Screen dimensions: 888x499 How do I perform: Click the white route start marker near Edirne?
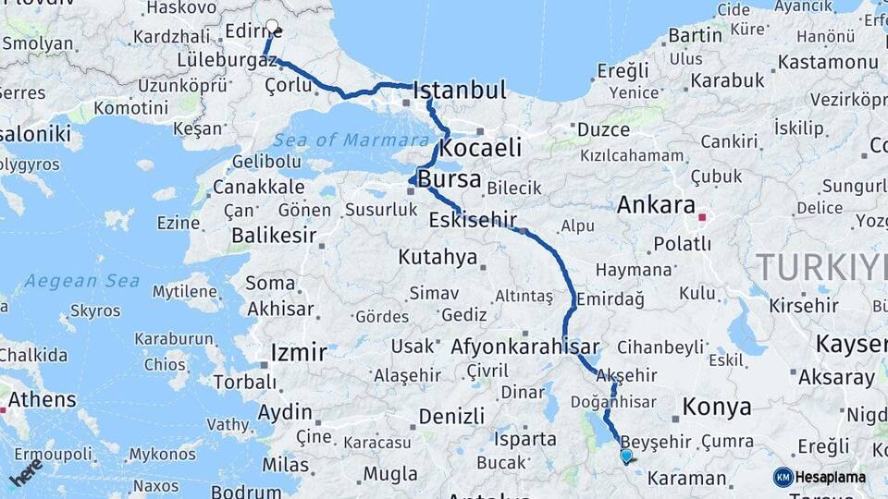click(x=271, y=28)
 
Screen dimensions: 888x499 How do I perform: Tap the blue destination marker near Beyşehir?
click(x=626, y=456)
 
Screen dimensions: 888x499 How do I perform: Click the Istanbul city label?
click(x=460, y=91)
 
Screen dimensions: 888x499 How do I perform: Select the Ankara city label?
click(x=656, y=204)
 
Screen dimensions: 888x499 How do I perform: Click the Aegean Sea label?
click(x=82, y=281)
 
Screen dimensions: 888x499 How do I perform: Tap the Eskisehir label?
click(x=472, y=221)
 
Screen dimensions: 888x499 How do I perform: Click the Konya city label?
click(x=716, y=407)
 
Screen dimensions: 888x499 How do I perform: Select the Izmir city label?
click(x=298, y=352)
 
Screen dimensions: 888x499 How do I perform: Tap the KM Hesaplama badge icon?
click(x=783, y=477)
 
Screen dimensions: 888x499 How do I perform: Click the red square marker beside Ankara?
click(x=702, y=218)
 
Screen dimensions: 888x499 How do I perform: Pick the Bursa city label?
click(x=449, y=179)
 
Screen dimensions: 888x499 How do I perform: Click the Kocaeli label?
click(x=480, y=148)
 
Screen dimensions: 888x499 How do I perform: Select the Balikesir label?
click(x=269, y=235)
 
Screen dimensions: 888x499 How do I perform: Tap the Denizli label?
click(x=451, y=417)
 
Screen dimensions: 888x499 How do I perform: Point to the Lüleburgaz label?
click(x=226, y=60)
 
